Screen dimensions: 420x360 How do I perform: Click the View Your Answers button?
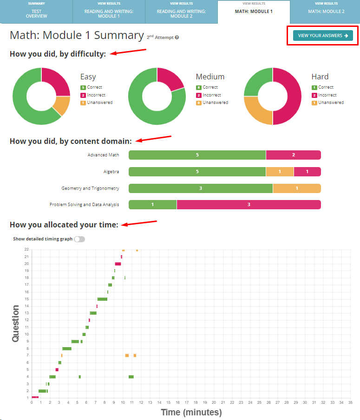(323, 36)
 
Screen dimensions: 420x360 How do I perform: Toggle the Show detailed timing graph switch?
(79, 239)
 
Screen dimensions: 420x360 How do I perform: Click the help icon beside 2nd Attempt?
(177, 37)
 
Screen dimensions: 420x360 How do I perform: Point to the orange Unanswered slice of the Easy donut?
(62, 106)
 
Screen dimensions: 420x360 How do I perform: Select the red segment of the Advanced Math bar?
(293, 155)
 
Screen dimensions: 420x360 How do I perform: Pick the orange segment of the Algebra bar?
(280, 172)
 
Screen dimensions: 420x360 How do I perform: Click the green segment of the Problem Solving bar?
(152, 205)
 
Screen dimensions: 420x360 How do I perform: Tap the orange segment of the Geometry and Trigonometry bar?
(297, 188)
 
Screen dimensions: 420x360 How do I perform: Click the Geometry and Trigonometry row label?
(90, 188)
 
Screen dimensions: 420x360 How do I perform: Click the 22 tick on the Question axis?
(27, 250)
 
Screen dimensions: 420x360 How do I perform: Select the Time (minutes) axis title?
(191, 412)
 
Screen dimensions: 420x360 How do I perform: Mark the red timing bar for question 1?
(35, 397)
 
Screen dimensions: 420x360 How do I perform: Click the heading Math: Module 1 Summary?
(77, 35)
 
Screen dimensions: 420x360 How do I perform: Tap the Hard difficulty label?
(320, 77)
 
